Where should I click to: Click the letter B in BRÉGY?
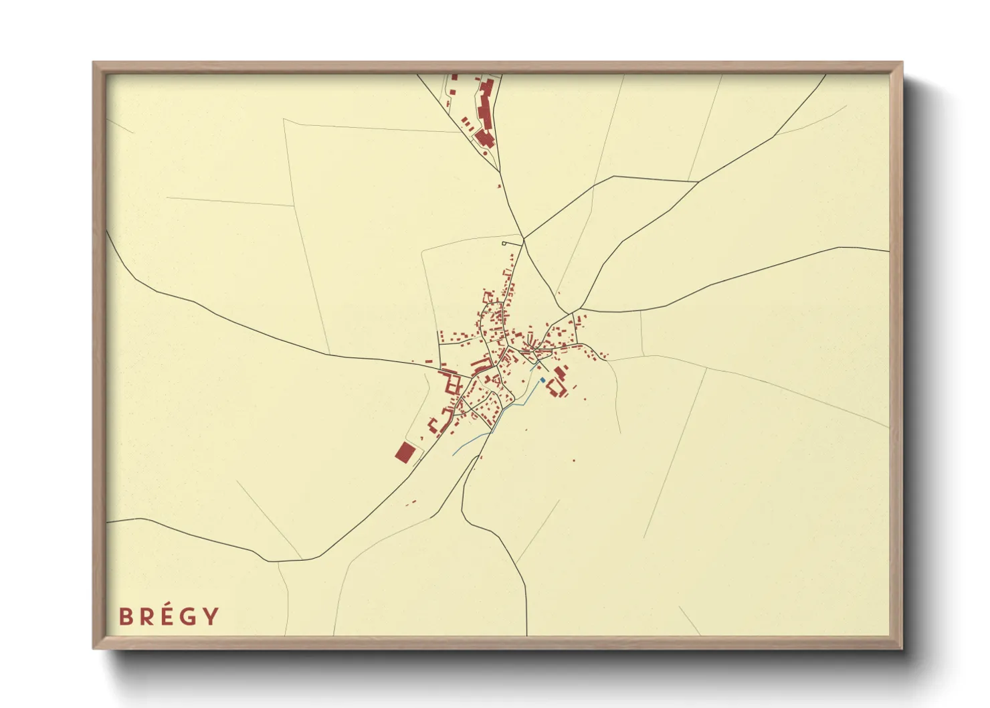(x=125, y=616)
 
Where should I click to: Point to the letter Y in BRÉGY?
(x=211, y=616)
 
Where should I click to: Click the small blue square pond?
(x=543, y=380)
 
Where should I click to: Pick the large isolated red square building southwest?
(x=405, y=452)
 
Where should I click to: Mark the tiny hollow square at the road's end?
(x=505, y=244)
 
